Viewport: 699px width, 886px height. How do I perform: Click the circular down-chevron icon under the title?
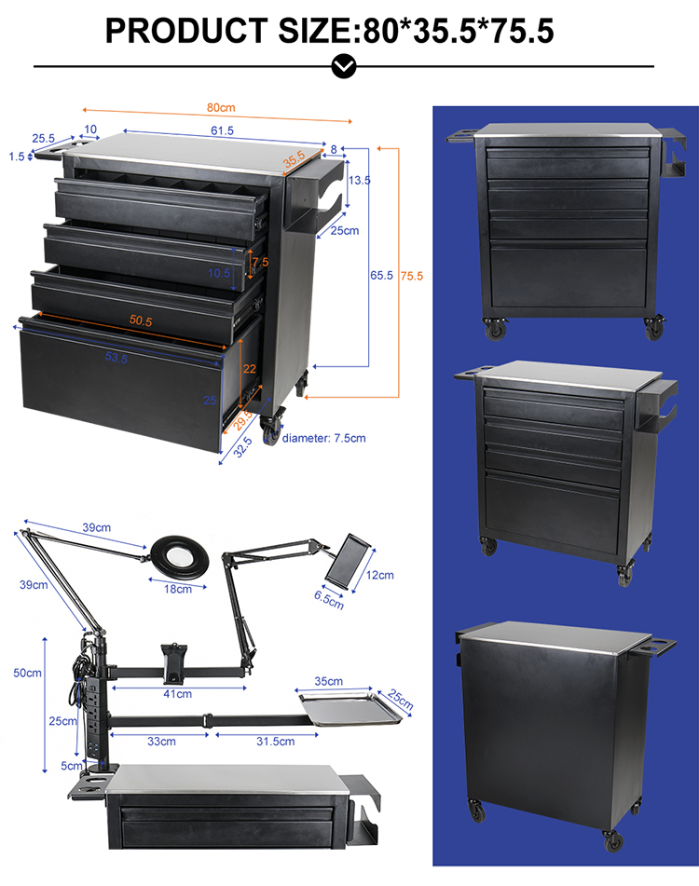(344, 66)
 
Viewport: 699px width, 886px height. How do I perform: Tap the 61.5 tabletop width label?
(222, 130)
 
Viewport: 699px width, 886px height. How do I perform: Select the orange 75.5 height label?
(411, 276)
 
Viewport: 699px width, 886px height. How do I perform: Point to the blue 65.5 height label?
(380, 276)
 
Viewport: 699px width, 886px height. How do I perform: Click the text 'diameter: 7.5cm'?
(324, 437)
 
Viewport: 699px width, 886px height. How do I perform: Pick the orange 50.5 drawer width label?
(142, 320)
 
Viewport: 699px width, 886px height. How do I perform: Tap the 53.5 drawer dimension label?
(117, 358)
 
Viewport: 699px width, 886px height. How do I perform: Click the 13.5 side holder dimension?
(360, 180)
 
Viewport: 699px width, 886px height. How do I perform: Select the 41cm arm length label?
(177, 693)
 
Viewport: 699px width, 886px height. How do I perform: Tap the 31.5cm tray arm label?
(274, 741)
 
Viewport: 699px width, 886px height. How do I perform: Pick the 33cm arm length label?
(160, 741)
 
